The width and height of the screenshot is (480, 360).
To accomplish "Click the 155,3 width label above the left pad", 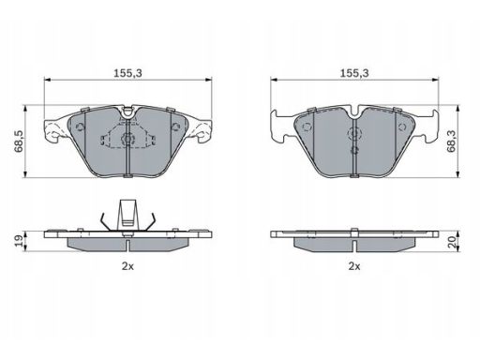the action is click(x=127, y=73).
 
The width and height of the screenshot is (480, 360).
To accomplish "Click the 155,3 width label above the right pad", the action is click(x=354, y=73).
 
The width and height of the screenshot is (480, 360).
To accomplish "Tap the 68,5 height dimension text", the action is click(x=19, y=142).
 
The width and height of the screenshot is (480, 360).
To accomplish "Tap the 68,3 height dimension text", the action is click(x=451, y=142).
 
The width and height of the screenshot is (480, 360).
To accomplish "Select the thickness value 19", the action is click(x=19, y=241).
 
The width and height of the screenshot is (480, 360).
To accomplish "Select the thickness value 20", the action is click(x=452, y=241).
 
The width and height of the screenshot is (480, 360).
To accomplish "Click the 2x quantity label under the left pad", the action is click(x=127, y=266).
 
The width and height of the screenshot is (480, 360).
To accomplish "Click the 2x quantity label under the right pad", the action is click(x=354, y=266).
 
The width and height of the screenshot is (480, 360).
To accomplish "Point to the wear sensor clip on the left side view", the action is click(x=127, y=216).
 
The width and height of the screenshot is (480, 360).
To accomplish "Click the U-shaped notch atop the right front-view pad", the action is click(x=354, y=113).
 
